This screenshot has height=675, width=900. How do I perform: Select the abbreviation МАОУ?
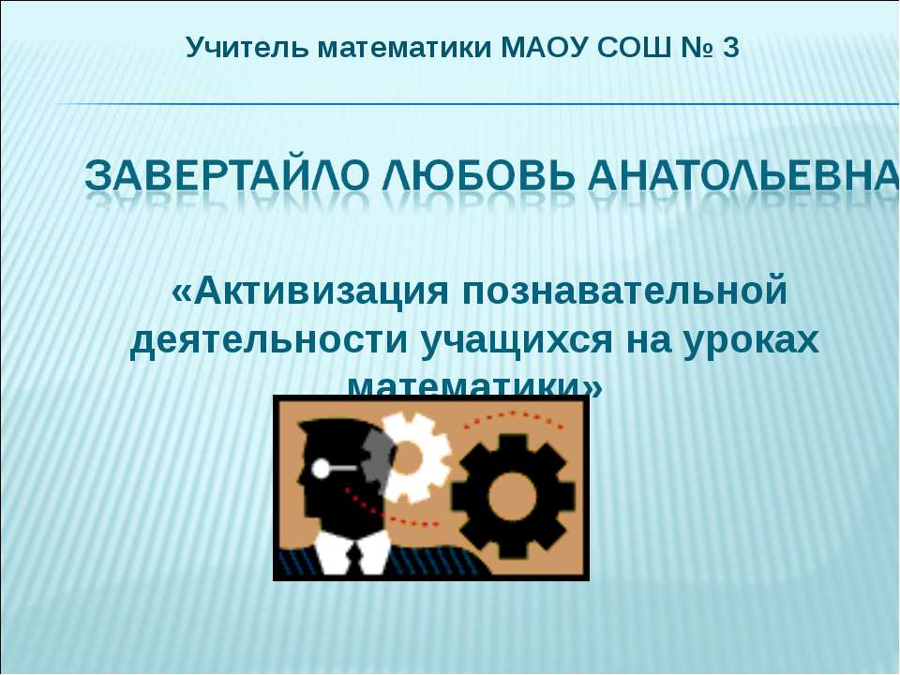[545, 47]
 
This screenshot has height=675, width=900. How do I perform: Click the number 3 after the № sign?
[731, 47]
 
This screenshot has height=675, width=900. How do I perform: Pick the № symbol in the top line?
[694, 47]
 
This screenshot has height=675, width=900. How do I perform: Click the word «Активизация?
[307, 292]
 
